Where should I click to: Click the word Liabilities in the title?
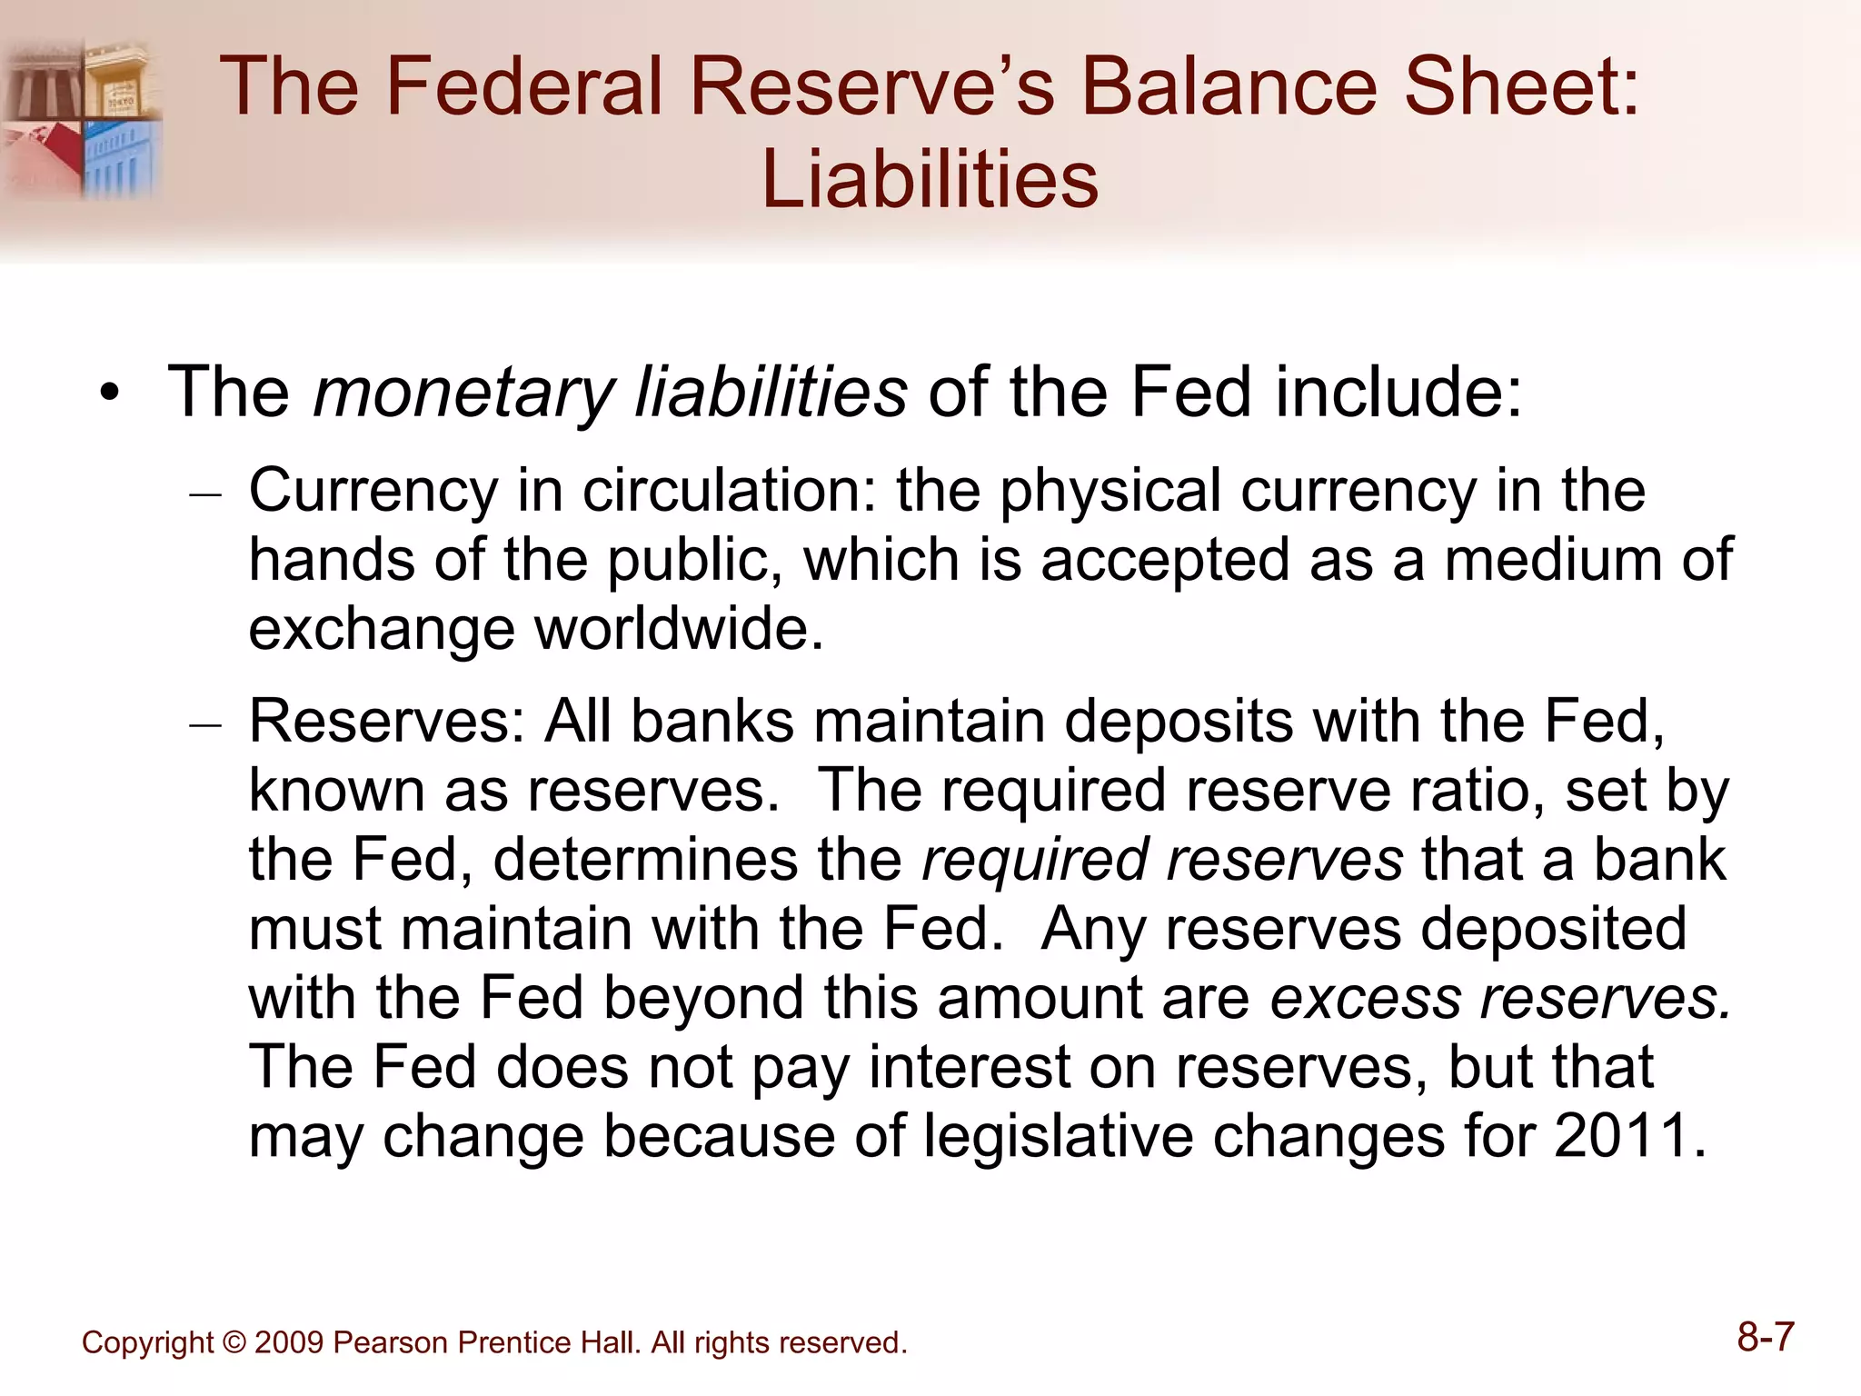(x=930, y=179)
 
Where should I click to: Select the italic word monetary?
(x=463, y=393)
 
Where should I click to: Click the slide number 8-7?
(x=1765, y=1337)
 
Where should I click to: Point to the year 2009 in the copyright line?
(x=288, y=1342)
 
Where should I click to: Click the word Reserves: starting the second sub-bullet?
(x=387, y=722)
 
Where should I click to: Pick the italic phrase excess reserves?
(x=1500, y=997)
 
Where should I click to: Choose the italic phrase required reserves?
(x=1162, y=860)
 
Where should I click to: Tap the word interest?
(x=969, y=1066)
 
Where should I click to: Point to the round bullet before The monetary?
(x=110, y=394)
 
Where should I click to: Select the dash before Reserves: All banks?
(x=205, y=725)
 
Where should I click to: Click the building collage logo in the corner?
(x=82, y=118)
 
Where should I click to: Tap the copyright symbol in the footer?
(x=234, y=1342)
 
